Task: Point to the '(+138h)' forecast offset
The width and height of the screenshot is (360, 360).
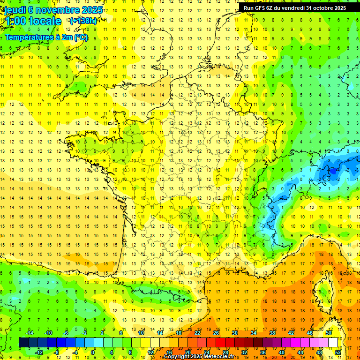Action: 83,21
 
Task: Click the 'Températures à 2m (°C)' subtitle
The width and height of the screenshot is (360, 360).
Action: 46,37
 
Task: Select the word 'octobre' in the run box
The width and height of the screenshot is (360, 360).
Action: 323,8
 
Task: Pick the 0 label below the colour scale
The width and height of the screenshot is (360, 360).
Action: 93,352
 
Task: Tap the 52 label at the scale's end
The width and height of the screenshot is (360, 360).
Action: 338,352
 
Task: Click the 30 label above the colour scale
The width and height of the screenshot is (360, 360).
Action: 234,333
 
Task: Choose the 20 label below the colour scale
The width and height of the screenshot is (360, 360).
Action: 187,352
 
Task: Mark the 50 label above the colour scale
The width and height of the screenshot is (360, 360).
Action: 329,333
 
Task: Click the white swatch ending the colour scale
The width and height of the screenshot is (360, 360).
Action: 333,343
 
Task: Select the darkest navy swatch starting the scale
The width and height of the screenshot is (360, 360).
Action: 23,343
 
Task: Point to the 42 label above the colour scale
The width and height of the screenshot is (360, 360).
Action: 291,333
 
